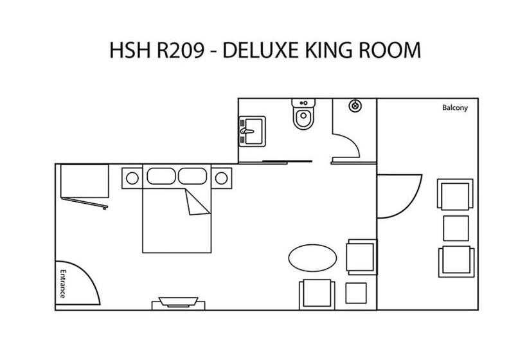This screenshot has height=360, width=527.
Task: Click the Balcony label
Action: tap(455, 108)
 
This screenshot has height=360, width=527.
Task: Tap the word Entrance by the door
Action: tap(63, 283)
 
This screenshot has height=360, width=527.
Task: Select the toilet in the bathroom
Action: tap(303, 114)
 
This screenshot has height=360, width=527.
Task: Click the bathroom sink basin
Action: tap(252, 131)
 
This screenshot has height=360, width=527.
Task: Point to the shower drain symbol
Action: tap(355, 106)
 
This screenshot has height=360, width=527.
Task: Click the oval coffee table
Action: tap(312, 258)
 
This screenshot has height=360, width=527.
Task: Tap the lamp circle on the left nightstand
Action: tap(132, 178)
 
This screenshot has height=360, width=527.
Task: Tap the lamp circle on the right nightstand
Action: tap(221, 178)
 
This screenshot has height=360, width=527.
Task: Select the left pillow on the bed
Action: tap(161, 176)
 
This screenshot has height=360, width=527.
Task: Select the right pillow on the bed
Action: tap(193, 176)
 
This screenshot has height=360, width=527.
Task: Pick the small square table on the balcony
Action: tap(456, 228)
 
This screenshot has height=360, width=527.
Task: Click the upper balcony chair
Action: tap(455, 194)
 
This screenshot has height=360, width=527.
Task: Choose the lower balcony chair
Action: tap(456, 262)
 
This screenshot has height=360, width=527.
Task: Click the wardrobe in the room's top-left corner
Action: tap(85, 181)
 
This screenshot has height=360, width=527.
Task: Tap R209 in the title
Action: tap(181, 50)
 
